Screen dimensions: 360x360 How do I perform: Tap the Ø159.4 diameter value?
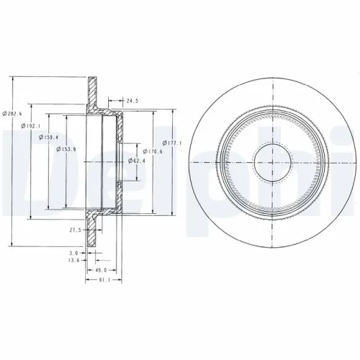(49, 138)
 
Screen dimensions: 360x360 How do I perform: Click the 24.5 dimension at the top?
(132, 102)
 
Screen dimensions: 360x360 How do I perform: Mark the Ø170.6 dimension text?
(153, 150)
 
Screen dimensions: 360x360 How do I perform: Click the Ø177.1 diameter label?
(173, 142)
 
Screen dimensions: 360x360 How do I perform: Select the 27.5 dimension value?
(75, 230)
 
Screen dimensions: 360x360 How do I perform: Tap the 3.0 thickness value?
(73, 253)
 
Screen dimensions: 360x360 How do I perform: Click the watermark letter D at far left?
(14, 173)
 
